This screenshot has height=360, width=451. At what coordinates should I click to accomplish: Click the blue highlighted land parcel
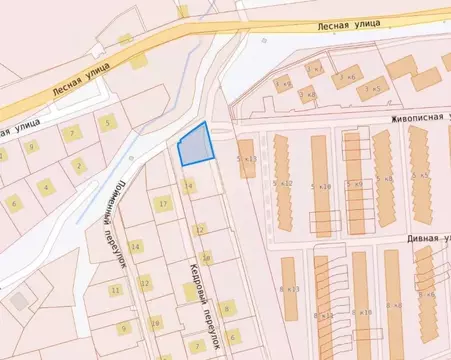click(x=196, y=145)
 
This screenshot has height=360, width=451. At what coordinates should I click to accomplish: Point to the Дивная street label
click(x=428, y=239)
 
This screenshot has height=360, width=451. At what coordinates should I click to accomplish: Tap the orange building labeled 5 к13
click(x=246, y=158)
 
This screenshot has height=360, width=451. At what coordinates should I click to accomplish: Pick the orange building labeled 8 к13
click(x=289, y=290)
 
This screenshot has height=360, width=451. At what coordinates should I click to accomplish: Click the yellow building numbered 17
click(x=164, y=204)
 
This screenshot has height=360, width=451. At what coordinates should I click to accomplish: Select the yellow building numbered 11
click(x=116, y=290)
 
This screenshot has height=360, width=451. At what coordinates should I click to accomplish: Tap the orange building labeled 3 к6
click(x=348, y=76)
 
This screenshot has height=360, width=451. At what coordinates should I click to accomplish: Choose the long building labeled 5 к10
click(x=320, y=185)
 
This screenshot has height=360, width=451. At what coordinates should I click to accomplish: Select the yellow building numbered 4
click(x=45, y=186)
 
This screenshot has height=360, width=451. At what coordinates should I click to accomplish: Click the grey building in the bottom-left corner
click(x=17, y=300)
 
